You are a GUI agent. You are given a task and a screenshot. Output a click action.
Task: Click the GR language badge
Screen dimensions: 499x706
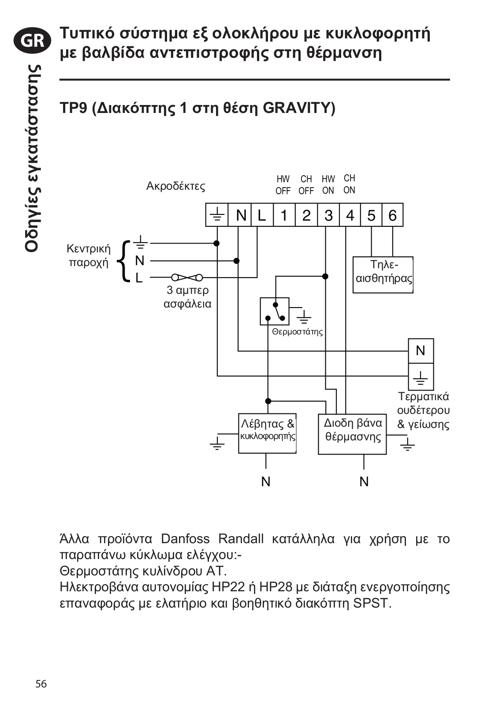[x=32, y=41]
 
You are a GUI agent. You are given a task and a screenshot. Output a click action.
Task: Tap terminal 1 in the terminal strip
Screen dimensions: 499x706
[x=284, y=215]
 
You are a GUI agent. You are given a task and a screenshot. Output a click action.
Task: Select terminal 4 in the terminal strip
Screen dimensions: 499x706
[x=350, y=215]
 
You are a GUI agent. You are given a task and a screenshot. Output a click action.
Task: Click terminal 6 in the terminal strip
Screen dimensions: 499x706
[x=393, y=215]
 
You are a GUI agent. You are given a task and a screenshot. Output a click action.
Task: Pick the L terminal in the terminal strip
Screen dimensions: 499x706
[x=262, y=215]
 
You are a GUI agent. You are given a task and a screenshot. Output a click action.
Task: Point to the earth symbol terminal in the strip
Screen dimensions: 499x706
[x=216, y=215]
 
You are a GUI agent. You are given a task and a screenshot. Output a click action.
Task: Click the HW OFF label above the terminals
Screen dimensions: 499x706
[x=283, y=185]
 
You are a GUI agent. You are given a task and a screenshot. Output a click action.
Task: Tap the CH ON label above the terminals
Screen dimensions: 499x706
[x=349, y=184]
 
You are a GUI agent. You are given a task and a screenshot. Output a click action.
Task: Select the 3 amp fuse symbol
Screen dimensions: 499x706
[x=187, y=278]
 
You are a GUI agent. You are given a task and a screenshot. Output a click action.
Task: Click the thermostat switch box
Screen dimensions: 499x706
[x=275, y=311]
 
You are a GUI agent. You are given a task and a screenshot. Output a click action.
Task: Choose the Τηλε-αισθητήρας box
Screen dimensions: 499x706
[x=383, y=275]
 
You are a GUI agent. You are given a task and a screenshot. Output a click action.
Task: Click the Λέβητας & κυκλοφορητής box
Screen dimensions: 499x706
[x=267, y=433]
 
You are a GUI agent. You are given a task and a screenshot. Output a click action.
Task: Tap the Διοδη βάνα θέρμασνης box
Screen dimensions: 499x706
[x=352, y=434]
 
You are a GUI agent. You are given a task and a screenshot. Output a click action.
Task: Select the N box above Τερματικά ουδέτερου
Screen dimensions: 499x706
[x=421, y=351]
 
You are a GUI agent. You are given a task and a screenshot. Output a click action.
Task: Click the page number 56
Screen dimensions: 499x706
[x=41, y=683]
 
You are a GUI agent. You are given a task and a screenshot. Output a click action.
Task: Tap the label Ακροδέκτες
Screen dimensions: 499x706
[x=176, y=186]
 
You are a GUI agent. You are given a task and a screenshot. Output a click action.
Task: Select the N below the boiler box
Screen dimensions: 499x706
[x=266, y=481]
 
